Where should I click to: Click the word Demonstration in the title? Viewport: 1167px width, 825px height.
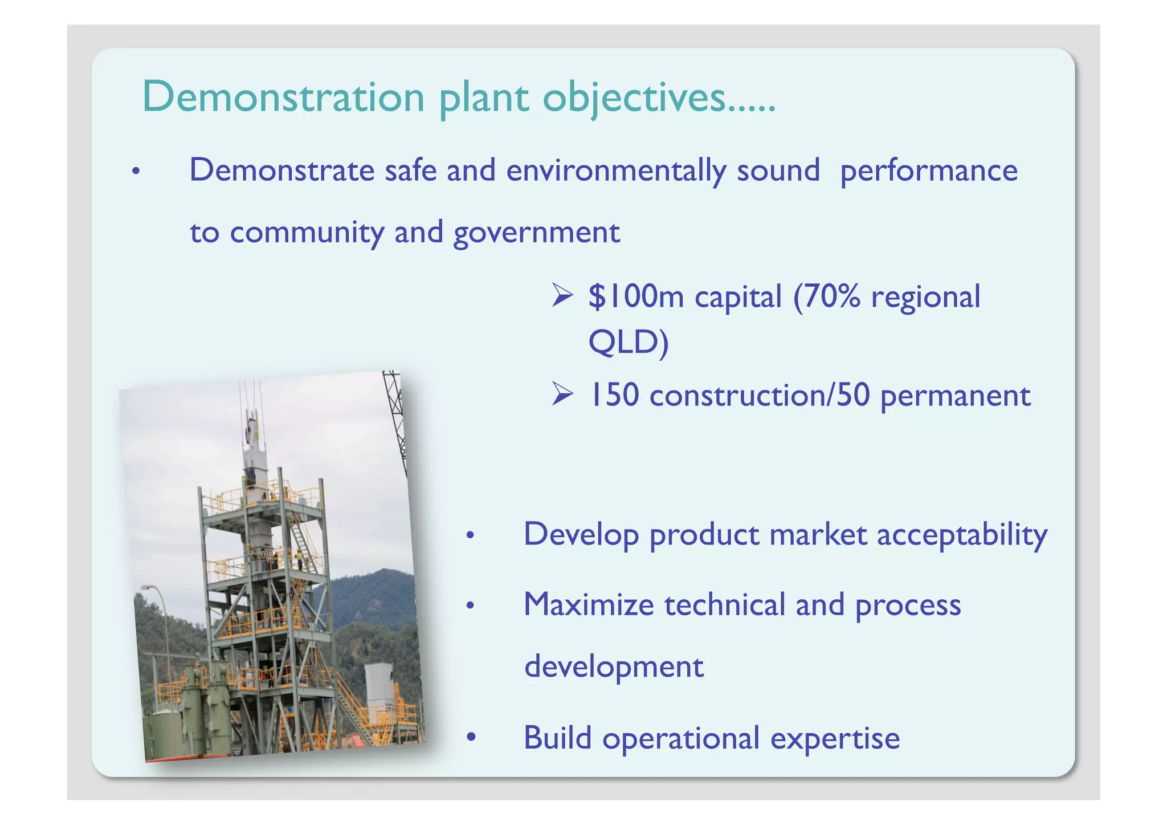[283, 97]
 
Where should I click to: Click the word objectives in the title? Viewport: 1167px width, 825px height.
[634, 98]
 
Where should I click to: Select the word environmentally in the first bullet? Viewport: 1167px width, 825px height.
[616, 170]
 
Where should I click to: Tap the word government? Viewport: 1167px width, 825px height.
[536, 233]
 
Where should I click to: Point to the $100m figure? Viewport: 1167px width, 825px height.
[636, 297]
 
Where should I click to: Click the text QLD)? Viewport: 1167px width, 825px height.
[628, 343]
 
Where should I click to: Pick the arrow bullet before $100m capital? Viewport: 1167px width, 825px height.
[562, 296]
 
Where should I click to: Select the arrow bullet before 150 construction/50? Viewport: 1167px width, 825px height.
[562, 395]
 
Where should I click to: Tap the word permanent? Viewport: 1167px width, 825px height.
[955, 396]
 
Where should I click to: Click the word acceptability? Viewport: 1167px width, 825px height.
[962, 535]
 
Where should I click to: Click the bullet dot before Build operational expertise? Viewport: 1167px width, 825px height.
[471, 738]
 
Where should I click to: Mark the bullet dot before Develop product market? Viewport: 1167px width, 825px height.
[470, 535]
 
